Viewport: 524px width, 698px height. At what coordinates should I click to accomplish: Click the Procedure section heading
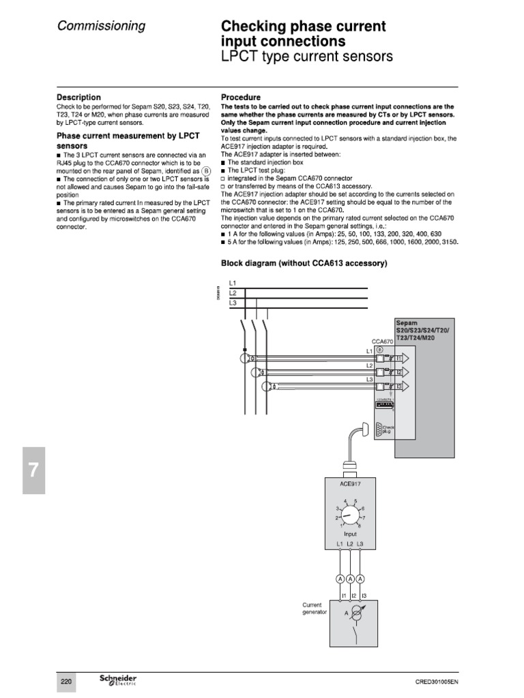[x=241, y=97]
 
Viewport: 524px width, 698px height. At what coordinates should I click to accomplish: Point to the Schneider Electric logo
[x=118, y=681]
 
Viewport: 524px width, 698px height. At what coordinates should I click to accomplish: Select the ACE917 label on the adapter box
[x=349, y=484]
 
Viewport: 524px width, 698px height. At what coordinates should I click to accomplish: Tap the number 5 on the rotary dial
[x=356, y=501]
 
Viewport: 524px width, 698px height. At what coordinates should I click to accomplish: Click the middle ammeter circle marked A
[x=350, y=579]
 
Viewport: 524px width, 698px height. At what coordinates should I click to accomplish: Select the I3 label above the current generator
[x=363, y=595]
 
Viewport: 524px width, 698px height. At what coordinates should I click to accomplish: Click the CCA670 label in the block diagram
[x=382, y=341]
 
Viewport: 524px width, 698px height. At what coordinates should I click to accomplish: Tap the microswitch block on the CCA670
[x=386, y=404]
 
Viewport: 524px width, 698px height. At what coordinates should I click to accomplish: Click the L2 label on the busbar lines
[x=232, y=292]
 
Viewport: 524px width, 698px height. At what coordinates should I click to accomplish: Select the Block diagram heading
[x=304, y=263]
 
